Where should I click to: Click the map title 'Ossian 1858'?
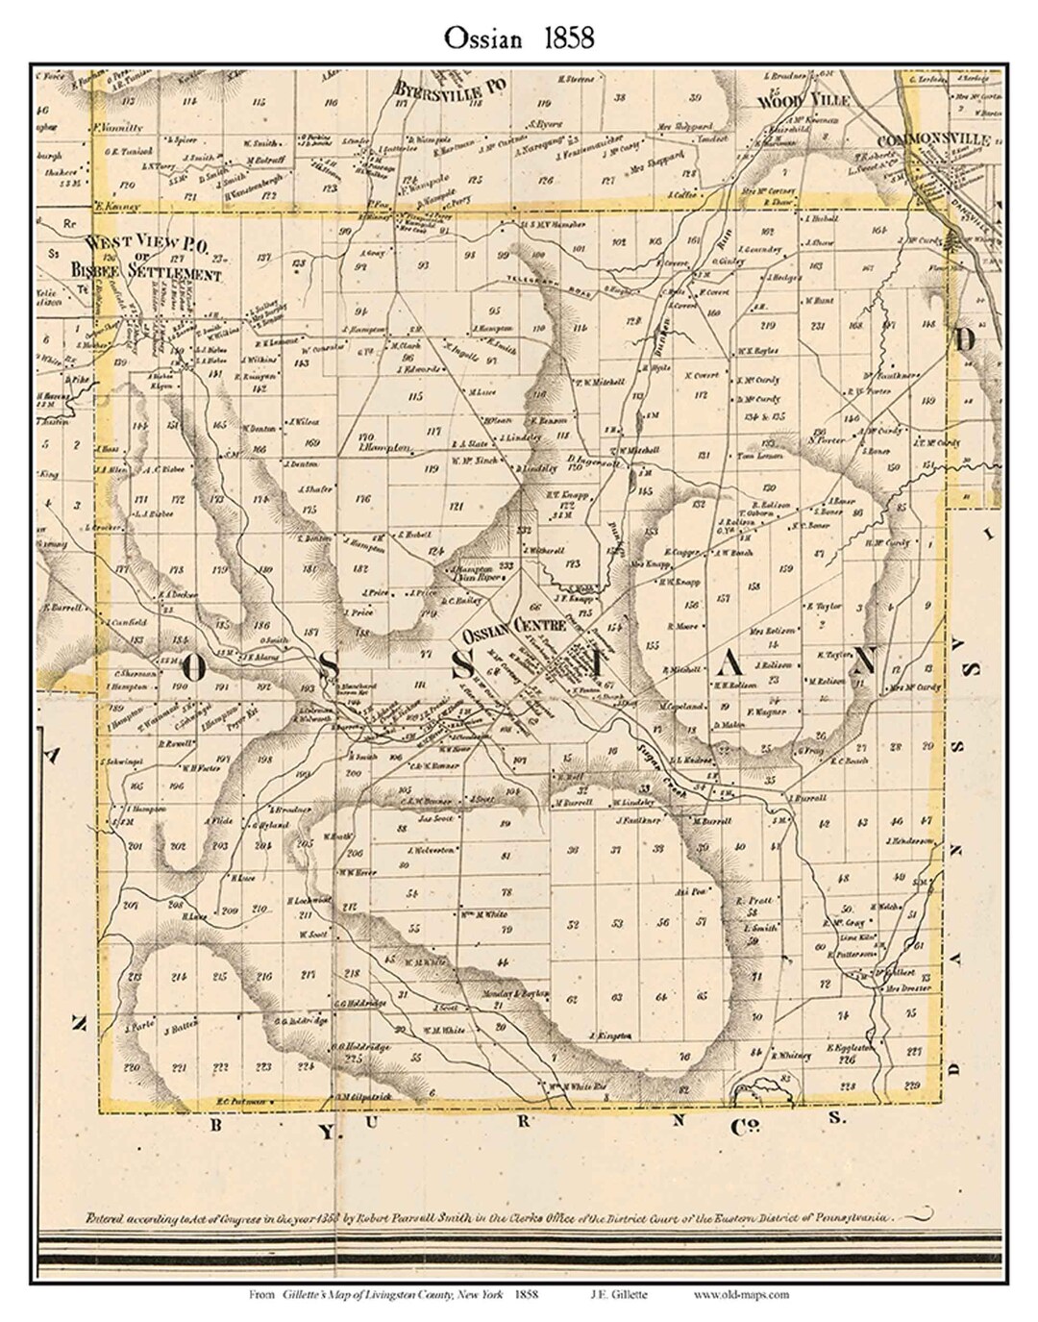pyautogui.click(x=519, y=37)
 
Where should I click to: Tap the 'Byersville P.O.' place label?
pyautogui.click(x=450, y=87)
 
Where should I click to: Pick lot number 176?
pyautogui.click(x=362, y=498)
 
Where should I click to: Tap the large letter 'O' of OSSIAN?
pyautogui.click(x=191, y=668)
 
